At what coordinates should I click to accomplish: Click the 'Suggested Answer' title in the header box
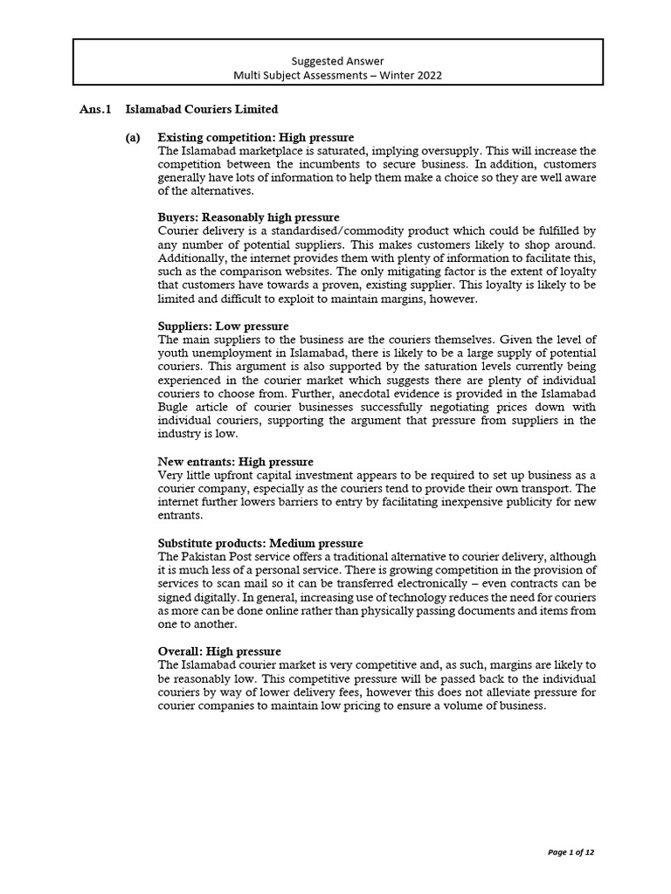tap(337, 59)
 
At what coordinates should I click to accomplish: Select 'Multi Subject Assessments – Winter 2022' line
tap(337, 75)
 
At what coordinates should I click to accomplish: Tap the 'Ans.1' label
tap(96, 110)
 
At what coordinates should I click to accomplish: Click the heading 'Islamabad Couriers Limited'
tap(202, 110)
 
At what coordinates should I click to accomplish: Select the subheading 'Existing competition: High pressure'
tap(256, 138)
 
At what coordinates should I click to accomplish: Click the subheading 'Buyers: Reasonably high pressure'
tap(248, 217)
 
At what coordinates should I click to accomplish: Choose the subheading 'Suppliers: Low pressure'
tap(223, 327)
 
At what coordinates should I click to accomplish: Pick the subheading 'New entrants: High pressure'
tap(235, 461)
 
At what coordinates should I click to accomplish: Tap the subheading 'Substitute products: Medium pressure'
tap(260, 543)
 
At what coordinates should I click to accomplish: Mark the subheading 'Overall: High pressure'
tap(219, 651)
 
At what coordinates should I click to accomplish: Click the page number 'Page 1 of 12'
tap(571, 852)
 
